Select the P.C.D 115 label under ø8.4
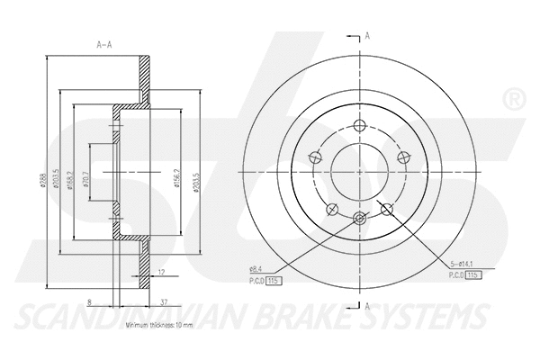264,281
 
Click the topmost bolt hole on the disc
361,126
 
